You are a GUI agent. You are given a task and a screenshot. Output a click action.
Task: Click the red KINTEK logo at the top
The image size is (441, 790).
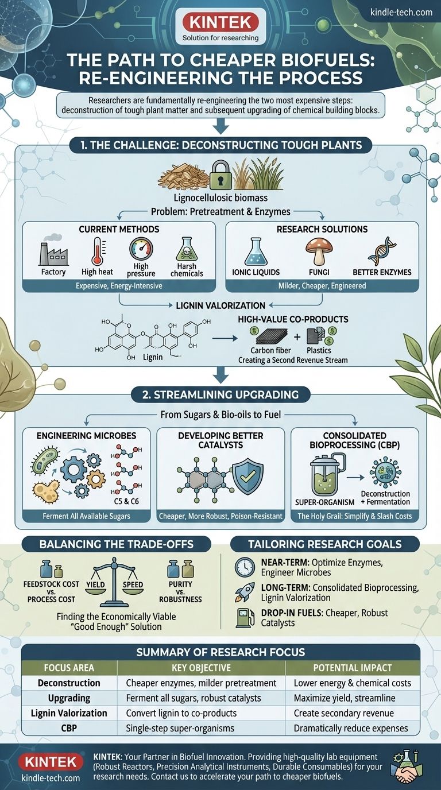tap(220, 23)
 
